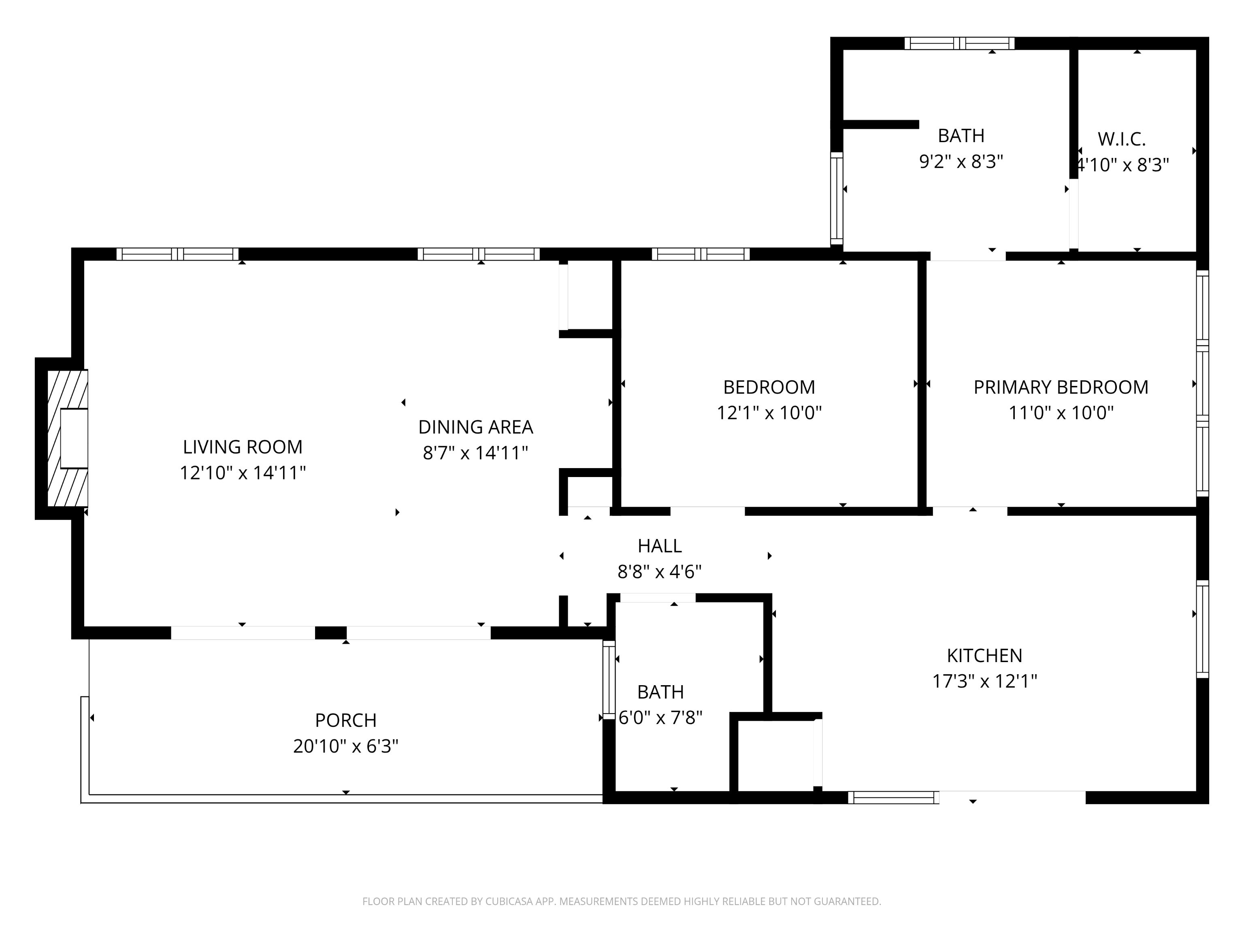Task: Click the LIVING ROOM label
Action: (243, 447)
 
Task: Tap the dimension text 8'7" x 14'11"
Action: (475, 453)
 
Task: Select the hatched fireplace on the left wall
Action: (67, 438)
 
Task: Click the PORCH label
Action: (345, 720)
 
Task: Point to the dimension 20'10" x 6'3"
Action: (345, 746)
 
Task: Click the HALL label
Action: (659, 545)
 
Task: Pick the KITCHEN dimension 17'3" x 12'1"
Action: (984, 682)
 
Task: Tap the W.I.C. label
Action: (1121, 139)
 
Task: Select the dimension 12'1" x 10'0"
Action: (769, 413)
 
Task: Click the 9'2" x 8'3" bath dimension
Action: (961, 162)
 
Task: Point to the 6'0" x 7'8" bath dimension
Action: (660, 718)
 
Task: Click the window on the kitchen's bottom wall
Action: (893, 797)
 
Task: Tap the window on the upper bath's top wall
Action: (959, 43)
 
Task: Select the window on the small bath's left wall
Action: (609, 680)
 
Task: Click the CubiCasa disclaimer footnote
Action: (622, 901)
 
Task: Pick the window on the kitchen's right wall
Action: (1202, 629)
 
